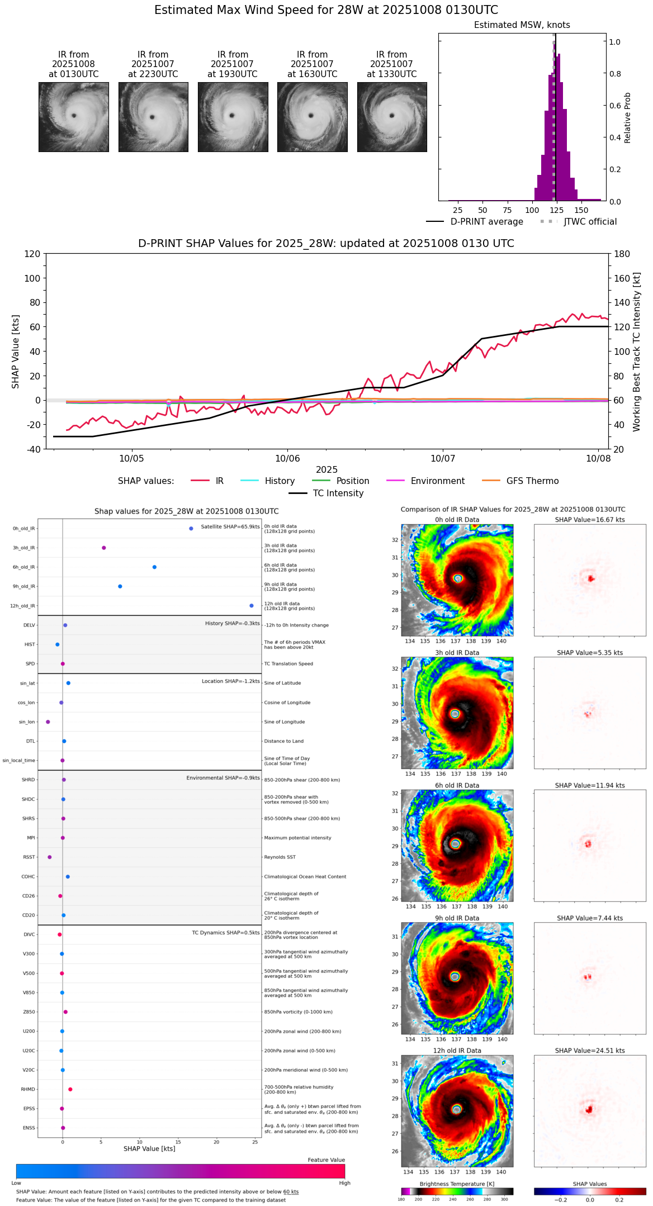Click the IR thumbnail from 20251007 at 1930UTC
(x=233, y=117)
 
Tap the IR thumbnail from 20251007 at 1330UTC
(x=392, y=117)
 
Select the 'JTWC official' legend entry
(x=590, y=222)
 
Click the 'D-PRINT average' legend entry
(x=486, y=222)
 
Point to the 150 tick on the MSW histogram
(x=581, y=210)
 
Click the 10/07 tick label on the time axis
(x=443, y=458)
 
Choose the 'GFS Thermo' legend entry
(x=532, y=481)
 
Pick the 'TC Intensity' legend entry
(x=338, y=493)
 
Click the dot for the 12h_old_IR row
(x=252, y=606)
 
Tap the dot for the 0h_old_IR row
(x=191, y=529)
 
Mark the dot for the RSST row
(x=50, y=857)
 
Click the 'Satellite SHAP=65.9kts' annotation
(x=230, y=527)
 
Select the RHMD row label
(x=28, y=1089)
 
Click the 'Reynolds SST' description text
(x=280, y=857)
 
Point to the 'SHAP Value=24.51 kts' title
(x=590, y=1051)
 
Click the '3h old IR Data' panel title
(x=457, y=653)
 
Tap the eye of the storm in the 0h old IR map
(x=458, y=578)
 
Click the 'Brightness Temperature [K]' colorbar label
(x=457, y=1184)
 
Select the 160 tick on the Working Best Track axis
(x=622, y=278)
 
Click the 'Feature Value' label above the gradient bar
(x=326, y=1160)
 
